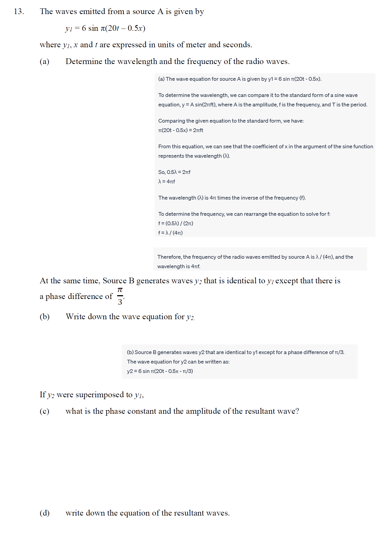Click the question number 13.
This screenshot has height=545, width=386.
[19, 12]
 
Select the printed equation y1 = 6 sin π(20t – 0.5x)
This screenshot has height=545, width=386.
[105, 28]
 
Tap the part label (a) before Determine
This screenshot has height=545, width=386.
[45, 62]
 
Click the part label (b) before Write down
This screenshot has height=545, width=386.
[45, 317]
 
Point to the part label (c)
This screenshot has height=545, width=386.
[45, 411]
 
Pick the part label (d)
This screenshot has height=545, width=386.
[45, 513]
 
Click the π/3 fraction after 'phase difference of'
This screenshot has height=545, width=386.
[120, 296]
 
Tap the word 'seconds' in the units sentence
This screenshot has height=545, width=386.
[238, 45]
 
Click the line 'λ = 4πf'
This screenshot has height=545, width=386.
[167, 181]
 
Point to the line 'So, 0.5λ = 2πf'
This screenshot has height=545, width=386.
[174, 172]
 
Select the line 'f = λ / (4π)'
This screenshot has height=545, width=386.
[170, 233]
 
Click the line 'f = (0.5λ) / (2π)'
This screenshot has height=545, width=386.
[176, 223]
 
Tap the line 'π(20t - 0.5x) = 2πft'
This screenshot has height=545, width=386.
[181, 130]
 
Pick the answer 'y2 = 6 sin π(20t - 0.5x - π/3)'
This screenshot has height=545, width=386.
[160, 371]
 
